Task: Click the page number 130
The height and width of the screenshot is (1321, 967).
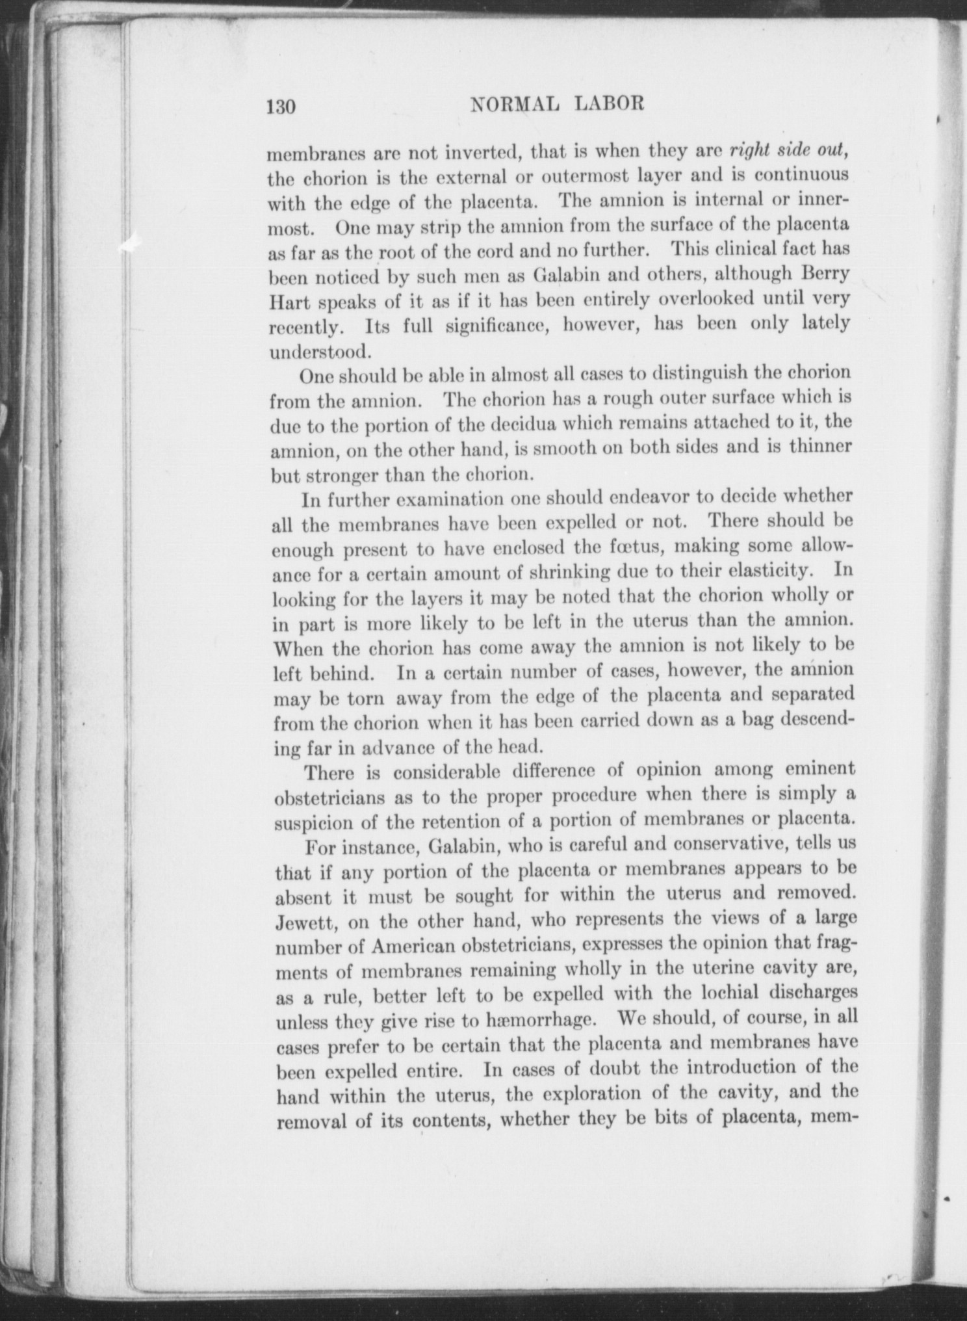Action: click(x=280, y=105)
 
